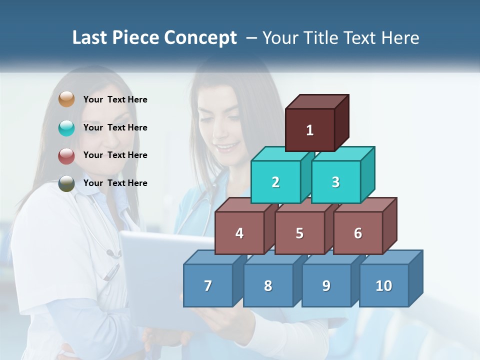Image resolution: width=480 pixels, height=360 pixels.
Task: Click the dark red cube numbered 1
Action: (310, 130)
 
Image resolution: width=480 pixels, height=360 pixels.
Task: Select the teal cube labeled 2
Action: (275, 182)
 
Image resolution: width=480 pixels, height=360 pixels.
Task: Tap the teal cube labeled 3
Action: (335, 182)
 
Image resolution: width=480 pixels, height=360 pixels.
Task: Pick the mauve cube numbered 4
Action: (239, 233)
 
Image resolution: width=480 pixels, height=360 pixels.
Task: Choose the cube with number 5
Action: (299, 233)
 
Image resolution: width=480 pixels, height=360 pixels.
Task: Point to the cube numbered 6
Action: (358, 233)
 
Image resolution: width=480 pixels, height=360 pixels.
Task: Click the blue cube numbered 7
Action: (208, 285)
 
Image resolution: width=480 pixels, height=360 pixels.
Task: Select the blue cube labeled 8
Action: (268, 285)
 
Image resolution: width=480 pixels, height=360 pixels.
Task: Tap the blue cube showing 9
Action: (326, 285)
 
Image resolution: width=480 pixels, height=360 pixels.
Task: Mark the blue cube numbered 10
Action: (384, 285)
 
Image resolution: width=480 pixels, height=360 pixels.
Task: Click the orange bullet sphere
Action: (66, 99)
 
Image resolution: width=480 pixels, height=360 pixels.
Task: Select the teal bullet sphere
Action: (66, 127)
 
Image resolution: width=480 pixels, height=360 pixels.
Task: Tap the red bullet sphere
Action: (66, 155)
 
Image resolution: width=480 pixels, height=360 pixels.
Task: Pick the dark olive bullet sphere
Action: (66, 183)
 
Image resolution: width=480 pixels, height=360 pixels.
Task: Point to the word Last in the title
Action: (90, 38)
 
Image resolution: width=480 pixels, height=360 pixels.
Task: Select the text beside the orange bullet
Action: (115, 99)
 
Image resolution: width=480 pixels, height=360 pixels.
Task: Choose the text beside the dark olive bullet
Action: (115, 183)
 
